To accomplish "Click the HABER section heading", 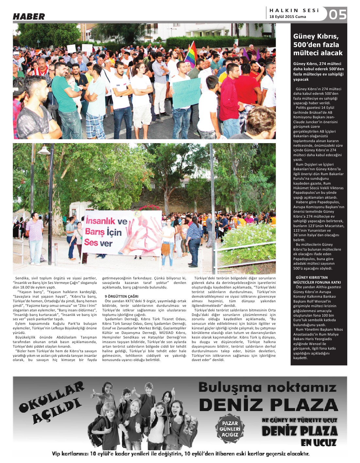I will tap(29, 17).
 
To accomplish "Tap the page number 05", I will tap(337, 15).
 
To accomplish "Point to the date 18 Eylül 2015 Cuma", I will tap(287, 17).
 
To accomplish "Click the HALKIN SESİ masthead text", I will tap(294, 10).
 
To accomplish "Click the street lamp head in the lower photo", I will tap(44, 151).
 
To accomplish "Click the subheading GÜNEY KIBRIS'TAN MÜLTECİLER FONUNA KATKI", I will tap(317, 280).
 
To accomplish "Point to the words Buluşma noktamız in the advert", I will tap(267, 388).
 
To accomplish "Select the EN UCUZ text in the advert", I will tap(319, 443).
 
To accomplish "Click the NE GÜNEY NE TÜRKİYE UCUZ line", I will tap(299, 421).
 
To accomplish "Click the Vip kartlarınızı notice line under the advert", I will tap(180, 454).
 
